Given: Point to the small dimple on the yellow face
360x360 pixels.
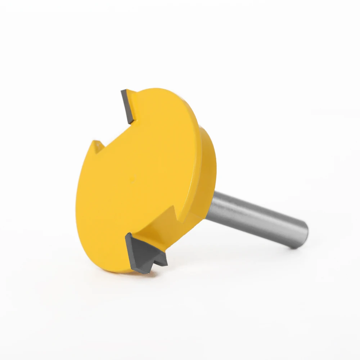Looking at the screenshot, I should click(x=132, y=177).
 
